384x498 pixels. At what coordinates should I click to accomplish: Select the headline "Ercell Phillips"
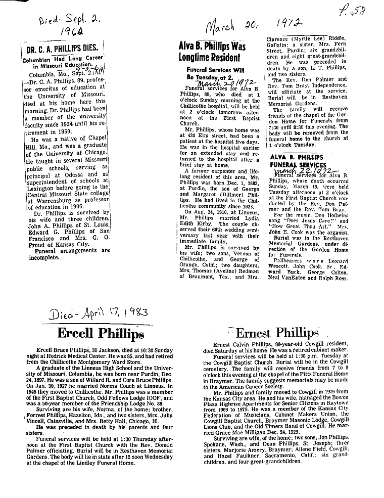coord(100,334)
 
